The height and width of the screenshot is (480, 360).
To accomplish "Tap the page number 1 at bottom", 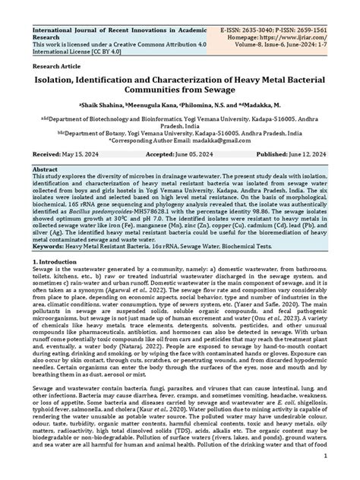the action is click(325, 458).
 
